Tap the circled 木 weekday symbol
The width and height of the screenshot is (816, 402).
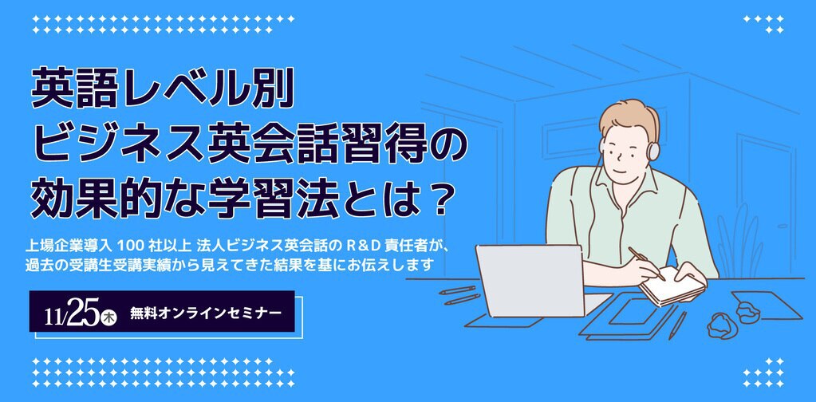[x=109, y=316]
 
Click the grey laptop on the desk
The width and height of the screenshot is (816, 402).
[x=531, y=280]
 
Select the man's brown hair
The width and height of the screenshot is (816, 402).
[x=629, y=118]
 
